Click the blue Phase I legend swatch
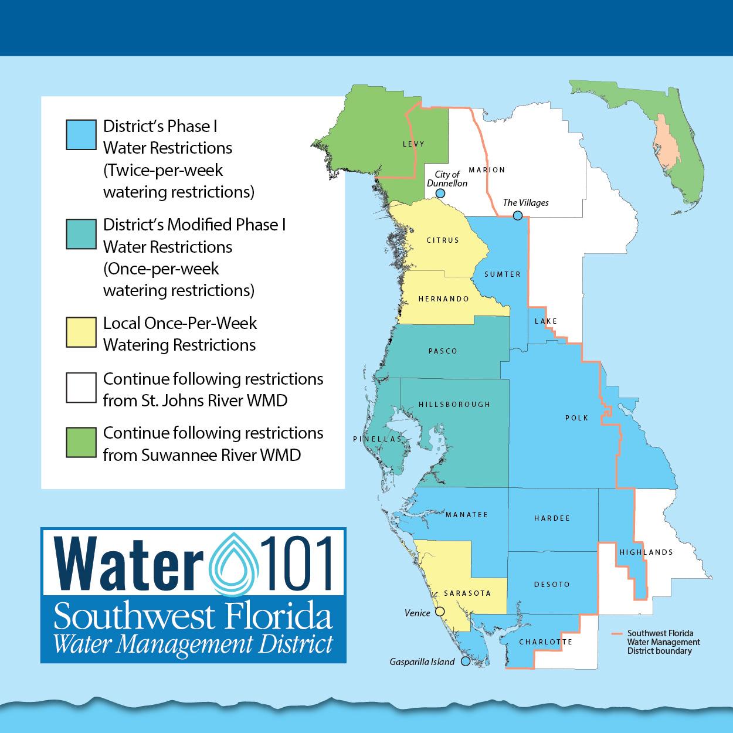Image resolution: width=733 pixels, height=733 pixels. click(x=81, y=134)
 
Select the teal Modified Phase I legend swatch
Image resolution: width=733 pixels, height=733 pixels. click(x=81, y=234)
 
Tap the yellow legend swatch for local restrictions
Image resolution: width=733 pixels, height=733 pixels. click(x=81, y=332)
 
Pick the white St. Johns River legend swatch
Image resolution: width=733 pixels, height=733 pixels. click(x=81, y=388)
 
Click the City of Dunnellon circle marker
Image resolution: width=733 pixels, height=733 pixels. click(x=440, y=194)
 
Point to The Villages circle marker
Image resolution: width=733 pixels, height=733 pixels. click(x=517, y=215)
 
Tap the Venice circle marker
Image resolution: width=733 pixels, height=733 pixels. click(x=440, y=612)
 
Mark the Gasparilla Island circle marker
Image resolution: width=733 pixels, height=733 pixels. click(x=466, y=661)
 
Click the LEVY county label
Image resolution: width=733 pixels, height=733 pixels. click(x=413, y=144)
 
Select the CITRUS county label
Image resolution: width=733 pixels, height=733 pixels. click(x=443, y=240)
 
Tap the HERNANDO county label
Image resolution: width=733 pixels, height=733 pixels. click(x=443, y=299)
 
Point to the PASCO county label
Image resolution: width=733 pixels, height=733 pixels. click(x=443, y=351)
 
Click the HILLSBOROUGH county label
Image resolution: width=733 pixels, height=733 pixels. click(x=454, y=405)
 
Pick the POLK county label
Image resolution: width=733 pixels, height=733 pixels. click(x=576, y=418)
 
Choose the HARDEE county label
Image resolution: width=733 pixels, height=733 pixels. click(x=552, y=518)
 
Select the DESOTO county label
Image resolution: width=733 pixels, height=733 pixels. click(x=552, y=585)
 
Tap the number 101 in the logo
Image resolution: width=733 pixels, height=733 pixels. click(x=296, y=561)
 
